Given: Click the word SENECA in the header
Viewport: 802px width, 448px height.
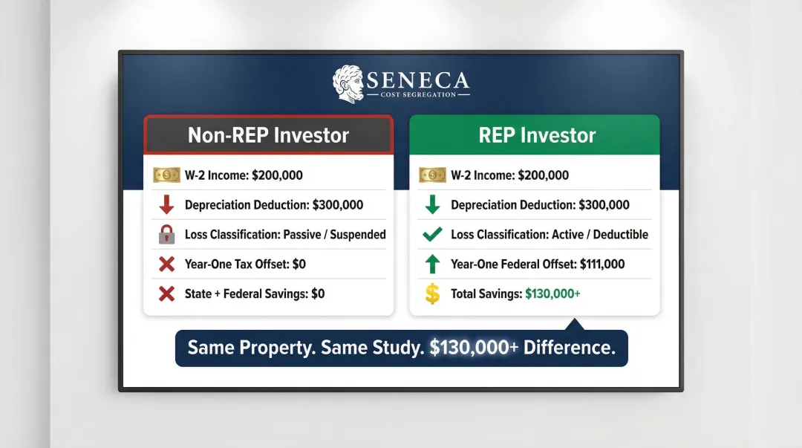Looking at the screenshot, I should [x=418, y=79].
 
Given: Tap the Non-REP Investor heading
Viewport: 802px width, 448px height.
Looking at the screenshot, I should [x=268, y=135].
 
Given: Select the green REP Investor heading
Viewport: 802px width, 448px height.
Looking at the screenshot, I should [x=536, y=135].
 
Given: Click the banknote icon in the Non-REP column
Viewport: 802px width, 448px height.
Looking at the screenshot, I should [x=166, y=175].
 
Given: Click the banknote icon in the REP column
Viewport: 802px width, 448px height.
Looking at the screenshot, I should [x=432, y=175].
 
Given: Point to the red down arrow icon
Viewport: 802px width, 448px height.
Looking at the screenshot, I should [x=167, y=205].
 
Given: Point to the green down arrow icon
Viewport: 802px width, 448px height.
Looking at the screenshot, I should [x=432, y=205].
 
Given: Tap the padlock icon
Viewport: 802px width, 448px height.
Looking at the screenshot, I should [x=167, y=235].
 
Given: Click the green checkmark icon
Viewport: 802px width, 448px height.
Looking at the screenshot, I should [x=432, y=235].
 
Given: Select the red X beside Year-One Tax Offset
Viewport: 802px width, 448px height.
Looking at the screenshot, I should [x=167, y=264].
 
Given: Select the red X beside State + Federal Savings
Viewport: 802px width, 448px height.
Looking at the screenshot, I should [x=167, y=293].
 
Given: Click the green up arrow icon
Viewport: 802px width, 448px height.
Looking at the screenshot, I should [x=432, y=264].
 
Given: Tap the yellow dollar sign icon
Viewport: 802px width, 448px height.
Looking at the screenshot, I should [x=432, y=293].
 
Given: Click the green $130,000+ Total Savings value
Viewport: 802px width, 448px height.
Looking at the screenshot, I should [x=552, y=293].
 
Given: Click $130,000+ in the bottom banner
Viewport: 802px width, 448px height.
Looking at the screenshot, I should [x=474, y=348].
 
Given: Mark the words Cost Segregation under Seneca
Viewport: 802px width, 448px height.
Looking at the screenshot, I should [x=418, y=95].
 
